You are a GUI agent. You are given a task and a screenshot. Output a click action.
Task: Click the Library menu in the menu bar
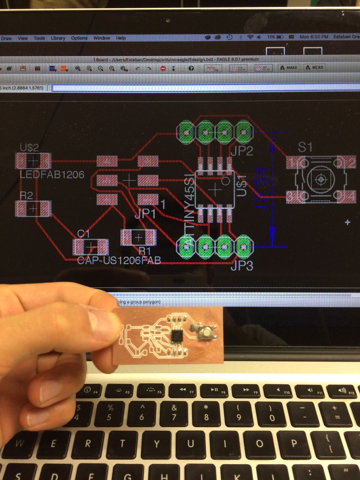(58, 38)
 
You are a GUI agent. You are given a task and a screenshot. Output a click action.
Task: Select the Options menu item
(79, 38)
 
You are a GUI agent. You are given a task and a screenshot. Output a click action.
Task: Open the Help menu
(121, 38)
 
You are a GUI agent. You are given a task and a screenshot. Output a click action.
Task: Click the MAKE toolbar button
(288, 67)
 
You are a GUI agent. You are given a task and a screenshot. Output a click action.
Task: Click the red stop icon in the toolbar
(163, 68)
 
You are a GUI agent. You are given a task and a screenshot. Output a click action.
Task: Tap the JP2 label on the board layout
(241, 151)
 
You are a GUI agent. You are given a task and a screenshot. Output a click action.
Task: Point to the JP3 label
(241, 265)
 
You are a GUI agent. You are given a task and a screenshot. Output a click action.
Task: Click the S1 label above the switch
(305, 147)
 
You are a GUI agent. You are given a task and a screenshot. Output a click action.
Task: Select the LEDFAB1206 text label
(52, 174)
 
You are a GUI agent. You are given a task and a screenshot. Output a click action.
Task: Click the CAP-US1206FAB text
(119, 260)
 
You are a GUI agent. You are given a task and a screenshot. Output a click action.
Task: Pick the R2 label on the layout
(26, 195)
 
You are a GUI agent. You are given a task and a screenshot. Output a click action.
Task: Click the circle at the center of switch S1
(321, 179)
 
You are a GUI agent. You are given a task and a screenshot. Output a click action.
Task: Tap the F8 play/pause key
(214, 391)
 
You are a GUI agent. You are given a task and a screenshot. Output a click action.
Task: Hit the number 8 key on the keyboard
(206, 412)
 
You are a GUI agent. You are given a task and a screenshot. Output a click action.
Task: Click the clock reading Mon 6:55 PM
(313, 37)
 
